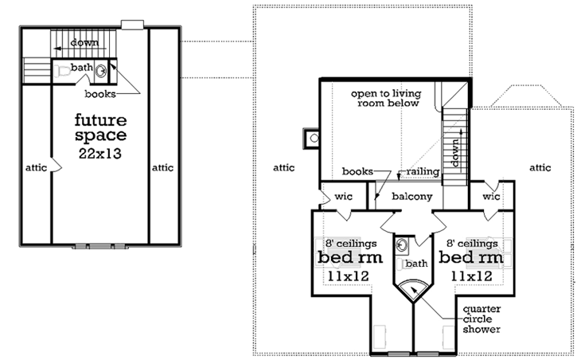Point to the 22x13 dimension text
(100, 153)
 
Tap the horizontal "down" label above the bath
(83, 41)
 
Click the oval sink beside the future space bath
(102, 70)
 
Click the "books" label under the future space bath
(102, 94)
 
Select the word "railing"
(419, 171)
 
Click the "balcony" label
(412, 196)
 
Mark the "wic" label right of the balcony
(491, 195)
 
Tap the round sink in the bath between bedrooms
(402, 244)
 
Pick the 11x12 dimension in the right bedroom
(471, 276)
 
